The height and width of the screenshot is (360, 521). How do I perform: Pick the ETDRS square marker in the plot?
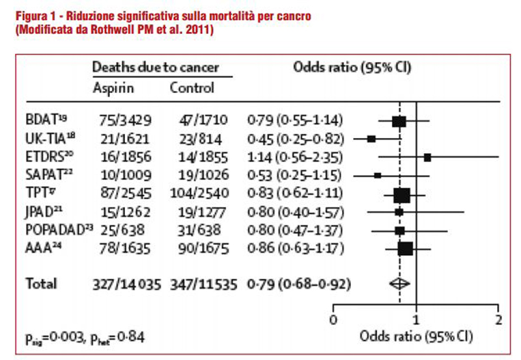coord(427,157)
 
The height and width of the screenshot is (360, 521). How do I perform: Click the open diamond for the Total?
coord(399,283)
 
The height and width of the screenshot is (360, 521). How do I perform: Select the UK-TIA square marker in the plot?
coord(371,139)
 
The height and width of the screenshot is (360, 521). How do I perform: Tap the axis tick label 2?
coord(498,320)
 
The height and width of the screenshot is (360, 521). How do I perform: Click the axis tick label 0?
coord(333,320)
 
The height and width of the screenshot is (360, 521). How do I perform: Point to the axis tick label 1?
coord(416,320)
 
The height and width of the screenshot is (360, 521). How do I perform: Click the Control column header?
coord(191,88)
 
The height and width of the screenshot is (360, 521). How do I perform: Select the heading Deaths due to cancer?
coord(155,67)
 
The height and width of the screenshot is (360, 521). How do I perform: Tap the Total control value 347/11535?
coord(201,283)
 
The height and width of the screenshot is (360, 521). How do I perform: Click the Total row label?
coord(41,283)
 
